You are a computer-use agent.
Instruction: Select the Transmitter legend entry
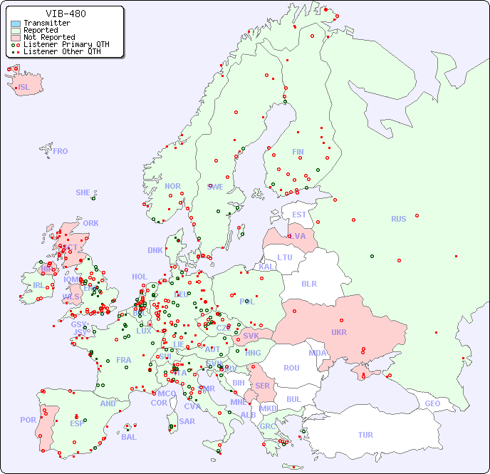[46, 24]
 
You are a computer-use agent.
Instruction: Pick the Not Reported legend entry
[48, 37]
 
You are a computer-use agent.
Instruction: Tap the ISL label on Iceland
[24, 88]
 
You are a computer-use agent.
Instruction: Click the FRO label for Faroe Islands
[61, 151]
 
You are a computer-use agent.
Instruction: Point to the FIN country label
[298, 152]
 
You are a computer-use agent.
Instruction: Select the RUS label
[398, 219]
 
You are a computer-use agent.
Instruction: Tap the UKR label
[339, 332]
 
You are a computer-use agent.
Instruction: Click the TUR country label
[365, 435]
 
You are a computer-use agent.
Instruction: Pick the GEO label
[432, 403]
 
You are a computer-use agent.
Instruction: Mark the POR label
[28, 420]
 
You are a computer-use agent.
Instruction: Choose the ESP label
[77, 423]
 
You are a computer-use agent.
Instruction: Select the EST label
[299, 215]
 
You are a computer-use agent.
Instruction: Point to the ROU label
[291, 368]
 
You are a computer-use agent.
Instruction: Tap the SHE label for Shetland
[83, 192]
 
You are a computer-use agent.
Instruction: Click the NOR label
[172, 186]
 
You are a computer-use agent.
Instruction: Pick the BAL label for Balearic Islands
[129, 437]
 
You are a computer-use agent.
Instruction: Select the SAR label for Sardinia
[187, 421]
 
